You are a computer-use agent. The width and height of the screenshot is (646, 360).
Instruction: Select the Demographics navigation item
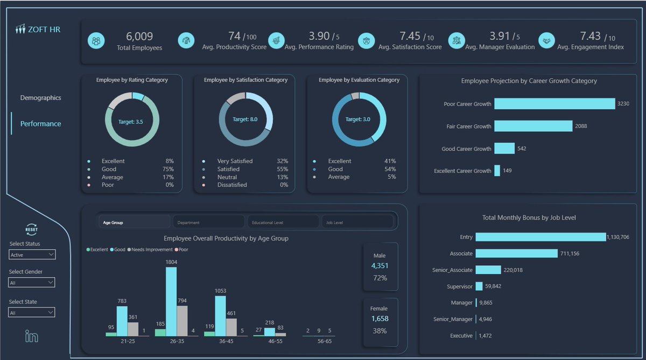point(40,98)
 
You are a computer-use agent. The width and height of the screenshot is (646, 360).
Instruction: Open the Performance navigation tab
point(40,124)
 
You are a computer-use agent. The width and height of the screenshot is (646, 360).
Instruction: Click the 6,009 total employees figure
point(139,37)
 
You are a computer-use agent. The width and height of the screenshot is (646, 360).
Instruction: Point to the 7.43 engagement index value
point(590,36)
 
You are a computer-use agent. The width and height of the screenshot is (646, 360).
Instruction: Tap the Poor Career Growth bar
point(554,104)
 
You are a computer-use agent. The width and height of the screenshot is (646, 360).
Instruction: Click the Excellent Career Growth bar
point(497,171)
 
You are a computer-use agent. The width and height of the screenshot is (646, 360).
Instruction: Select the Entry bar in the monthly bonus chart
point(540,237)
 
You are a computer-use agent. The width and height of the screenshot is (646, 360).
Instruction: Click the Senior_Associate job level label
point(452,270)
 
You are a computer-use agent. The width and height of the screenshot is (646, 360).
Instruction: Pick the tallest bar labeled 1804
point(171,301)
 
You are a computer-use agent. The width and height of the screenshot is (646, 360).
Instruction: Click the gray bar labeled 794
point(182,321)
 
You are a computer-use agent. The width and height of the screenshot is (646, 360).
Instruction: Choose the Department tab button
point(209,222)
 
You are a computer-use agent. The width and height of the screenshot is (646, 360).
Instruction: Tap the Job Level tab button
point(357,222)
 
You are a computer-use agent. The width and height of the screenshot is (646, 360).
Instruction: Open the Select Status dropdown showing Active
point(32,255)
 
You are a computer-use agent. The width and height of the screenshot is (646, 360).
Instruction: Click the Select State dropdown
point(32,313)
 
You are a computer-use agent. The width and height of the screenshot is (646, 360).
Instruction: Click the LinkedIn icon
point(32,336)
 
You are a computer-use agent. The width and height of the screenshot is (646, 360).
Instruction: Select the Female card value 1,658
point(380,319)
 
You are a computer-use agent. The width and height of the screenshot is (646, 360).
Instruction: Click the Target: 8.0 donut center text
point(245,119)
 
